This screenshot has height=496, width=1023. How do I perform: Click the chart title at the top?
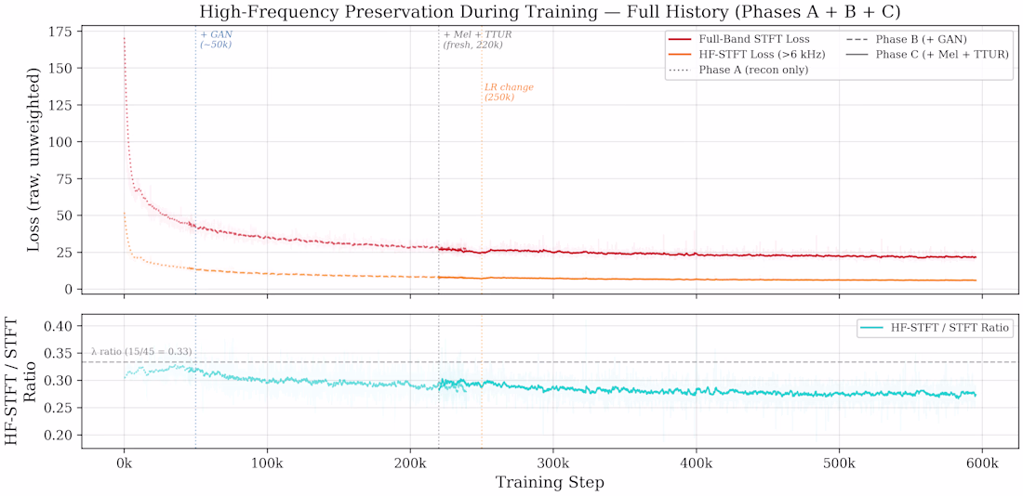[550, 13]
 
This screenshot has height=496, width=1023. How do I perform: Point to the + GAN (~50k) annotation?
[216, 39]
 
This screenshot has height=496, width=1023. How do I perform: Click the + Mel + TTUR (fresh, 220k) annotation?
[477, 39]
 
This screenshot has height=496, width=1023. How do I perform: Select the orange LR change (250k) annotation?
[509, 92]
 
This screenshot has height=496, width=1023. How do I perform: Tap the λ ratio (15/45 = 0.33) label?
[141, 352]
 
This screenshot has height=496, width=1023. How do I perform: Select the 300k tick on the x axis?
[553, 463]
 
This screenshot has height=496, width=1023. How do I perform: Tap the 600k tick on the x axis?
[983, 463]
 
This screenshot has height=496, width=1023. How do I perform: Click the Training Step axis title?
[550, 482]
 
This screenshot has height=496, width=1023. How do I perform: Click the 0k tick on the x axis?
[124, 463]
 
